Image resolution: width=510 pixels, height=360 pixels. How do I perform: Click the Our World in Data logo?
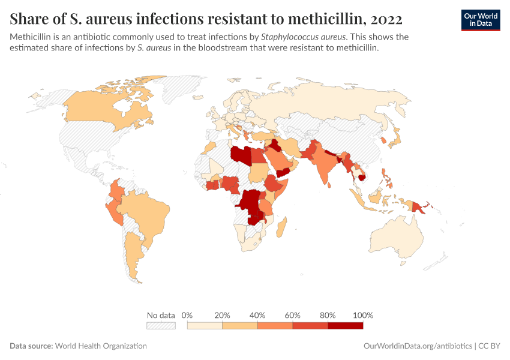(480, 20)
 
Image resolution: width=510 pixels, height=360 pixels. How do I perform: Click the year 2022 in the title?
(381, 19)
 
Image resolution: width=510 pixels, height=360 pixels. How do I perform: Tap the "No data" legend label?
(161, 315)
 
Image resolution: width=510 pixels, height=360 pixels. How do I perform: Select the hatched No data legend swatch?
(161, 325)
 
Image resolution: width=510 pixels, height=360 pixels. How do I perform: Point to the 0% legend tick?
(187, 315)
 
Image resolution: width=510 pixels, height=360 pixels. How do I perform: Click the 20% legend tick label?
(223, 315)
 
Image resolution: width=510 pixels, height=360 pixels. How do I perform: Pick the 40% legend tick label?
(257, 315)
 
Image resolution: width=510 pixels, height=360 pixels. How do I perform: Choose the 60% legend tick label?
(293, 315)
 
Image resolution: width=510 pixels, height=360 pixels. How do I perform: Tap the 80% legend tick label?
(328, 315)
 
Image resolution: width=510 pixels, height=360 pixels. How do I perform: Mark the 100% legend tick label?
(363, 315)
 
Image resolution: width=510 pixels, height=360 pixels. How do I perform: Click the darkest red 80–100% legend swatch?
(346, 325)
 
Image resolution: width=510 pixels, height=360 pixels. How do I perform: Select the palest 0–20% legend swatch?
(205, 325)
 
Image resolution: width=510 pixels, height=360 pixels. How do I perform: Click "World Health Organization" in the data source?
(101, 346)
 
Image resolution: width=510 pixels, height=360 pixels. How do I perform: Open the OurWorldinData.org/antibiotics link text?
(418, 346)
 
